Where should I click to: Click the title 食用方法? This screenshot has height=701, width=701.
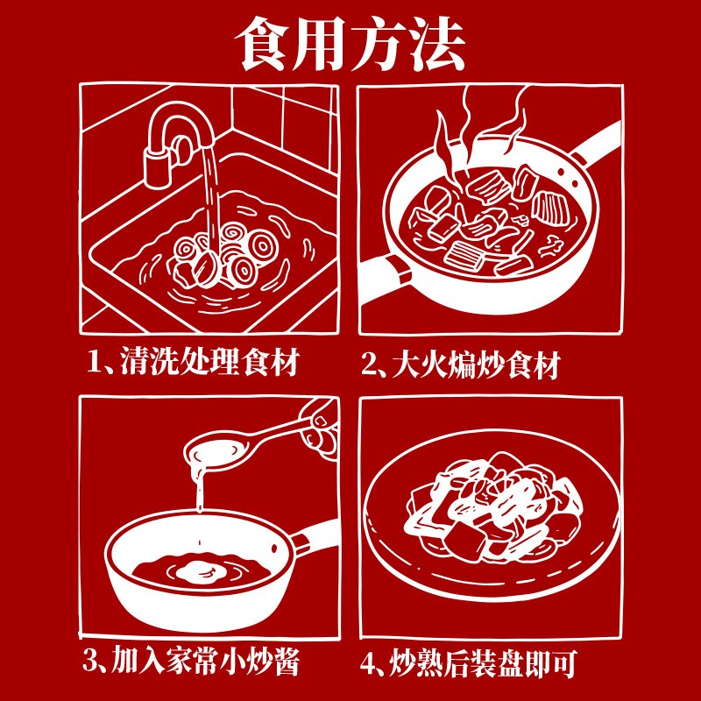[x=350, y=44]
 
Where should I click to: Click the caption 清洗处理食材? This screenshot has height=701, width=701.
[x=209, y=362]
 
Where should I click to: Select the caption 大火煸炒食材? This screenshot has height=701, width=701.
[x=476, y=365]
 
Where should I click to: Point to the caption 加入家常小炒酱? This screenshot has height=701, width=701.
[x=205, y=662]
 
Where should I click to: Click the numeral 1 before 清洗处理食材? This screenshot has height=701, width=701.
[x=94, y=363]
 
